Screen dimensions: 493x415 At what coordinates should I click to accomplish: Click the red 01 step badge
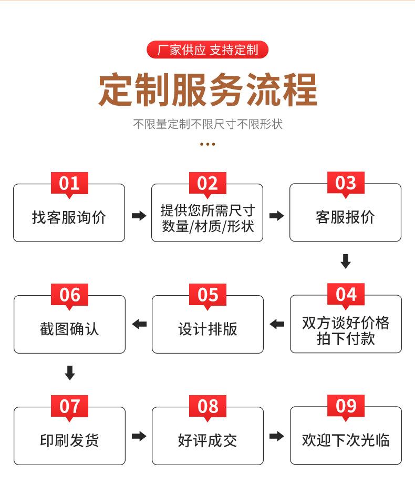[x=69, y=183]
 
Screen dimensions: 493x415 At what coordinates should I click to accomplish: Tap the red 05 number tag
[x=207, y=295]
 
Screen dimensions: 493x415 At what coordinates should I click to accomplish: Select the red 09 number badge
[x=346, y=406]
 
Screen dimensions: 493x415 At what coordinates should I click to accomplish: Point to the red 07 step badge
[x=69, y=406]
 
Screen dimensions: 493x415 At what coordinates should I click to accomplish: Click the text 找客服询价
[x=69, y=217]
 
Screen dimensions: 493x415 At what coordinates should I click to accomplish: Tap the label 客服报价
[x=345, y=217]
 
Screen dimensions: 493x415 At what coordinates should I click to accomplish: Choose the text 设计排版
[x=207, y=329]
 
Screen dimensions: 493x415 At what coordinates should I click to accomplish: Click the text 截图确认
[x=69, y=329]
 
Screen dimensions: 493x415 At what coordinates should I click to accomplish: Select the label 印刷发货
[x=69, y=440]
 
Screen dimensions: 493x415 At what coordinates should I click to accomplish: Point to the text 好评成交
[x=207, y=440]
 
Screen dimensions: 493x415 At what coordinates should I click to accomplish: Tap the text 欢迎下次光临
[x=345, y=440]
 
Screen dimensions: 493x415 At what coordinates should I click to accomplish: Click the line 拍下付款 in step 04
[x=345, y=338]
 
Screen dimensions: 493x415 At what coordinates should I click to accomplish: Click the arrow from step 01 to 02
[x=139, y=216]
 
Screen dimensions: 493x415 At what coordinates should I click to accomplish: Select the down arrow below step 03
[x=346, y=261]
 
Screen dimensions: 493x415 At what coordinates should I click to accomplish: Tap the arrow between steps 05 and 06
[x=139, y=324]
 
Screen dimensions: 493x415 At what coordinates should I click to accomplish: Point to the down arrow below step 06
[x=69, y=373]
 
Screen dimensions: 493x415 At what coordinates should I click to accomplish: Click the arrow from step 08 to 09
[x=276, y=436]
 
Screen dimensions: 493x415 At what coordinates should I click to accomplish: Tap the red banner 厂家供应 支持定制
[x=207, y=51]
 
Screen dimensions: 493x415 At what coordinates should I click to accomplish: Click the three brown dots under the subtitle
[x=207, y=144]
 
